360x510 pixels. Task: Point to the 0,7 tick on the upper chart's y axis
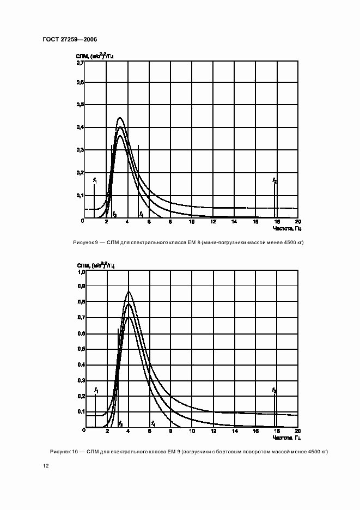(x=80, y=63)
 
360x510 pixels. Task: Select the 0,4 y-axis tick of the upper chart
(x=80, y=127)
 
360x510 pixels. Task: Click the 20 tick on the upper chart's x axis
(x=297, y=222)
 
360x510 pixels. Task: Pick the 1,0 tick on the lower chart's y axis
(x=81, y=271)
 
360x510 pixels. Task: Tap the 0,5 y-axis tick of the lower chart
(x=81, y=349)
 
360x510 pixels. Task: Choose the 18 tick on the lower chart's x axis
(x=276, y=432)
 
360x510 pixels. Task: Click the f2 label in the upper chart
(x=274, y=180)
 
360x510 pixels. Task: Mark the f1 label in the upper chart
(x=95, y=180)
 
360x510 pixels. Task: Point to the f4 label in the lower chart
(x=153, y=423)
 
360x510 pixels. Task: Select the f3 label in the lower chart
(x=120, y=423)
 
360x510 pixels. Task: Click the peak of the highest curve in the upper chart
(x=120, y=118)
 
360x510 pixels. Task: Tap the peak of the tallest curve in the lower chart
(x=129, y=292)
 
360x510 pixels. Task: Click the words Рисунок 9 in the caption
(x=84, y=242)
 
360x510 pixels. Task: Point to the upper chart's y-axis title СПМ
(x=82, y=56)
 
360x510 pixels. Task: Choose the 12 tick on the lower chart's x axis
(x=212, y=432)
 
